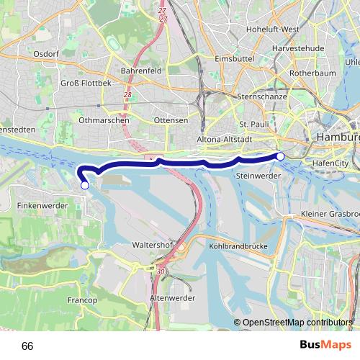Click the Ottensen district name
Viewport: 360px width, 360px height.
171,120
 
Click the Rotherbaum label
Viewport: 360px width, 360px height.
309,73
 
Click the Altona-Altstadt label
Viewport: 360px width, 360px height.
223,140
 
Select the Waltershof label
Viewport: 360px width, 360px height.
150,245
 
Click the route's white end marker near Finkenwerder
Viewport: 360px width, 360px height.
85,185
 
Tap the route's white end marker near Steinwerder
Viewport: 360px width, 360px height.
280,156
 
